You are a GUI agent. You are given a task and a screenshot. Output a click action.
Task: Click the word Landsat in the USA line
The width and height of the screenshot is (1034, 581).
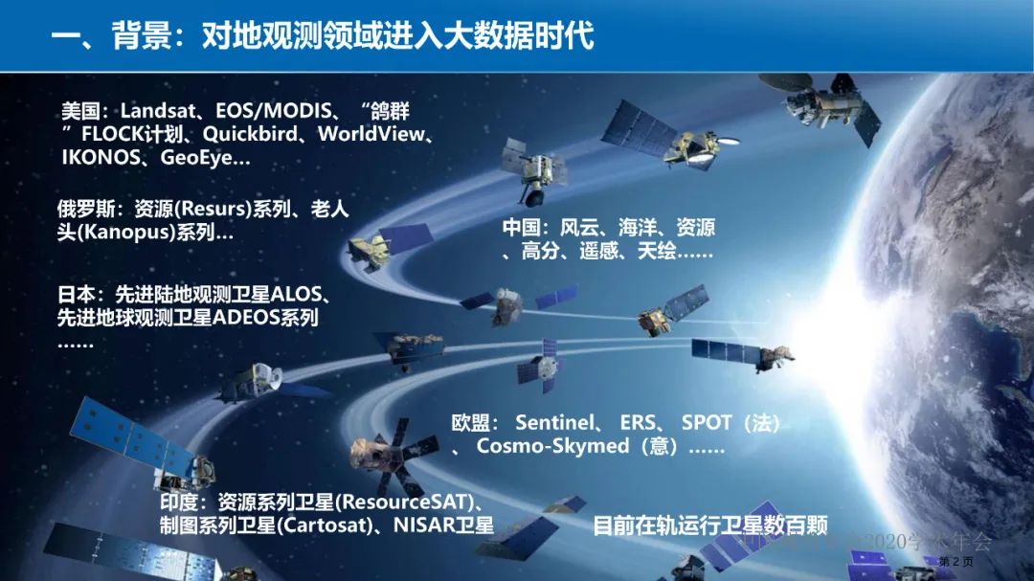point(156,111)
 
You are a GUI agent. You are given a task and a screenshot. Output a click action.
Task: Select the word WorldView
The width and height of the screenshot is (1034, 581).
point(370,134)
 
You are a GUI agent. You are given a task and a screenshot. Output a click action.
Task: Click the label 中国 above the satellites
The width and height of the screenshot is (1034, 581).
point(524,229)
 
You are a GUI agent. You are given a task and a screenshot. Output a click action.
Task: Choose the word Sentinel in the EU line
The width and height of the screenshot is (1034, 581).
point(556,422)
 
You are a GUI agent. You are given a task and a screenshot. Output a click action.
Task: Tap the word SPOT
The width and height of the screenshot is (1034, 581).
point(707,422)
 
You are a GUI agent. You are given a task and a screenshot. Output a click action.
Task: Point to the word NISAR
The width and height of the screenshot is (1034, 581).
point(422,525)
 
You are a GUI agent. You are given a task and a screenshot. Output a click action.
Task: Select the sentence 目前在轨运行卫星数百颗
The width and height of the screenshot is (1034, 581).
point(709,525)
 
